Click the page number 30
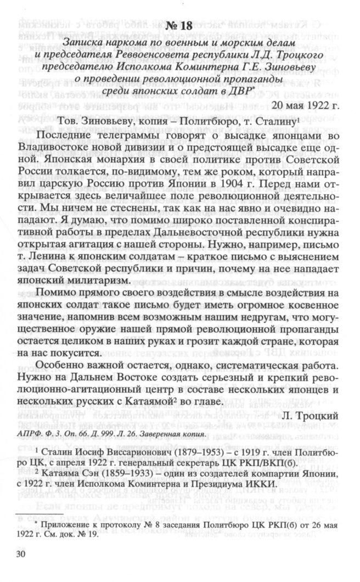(x=21, y=555)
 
